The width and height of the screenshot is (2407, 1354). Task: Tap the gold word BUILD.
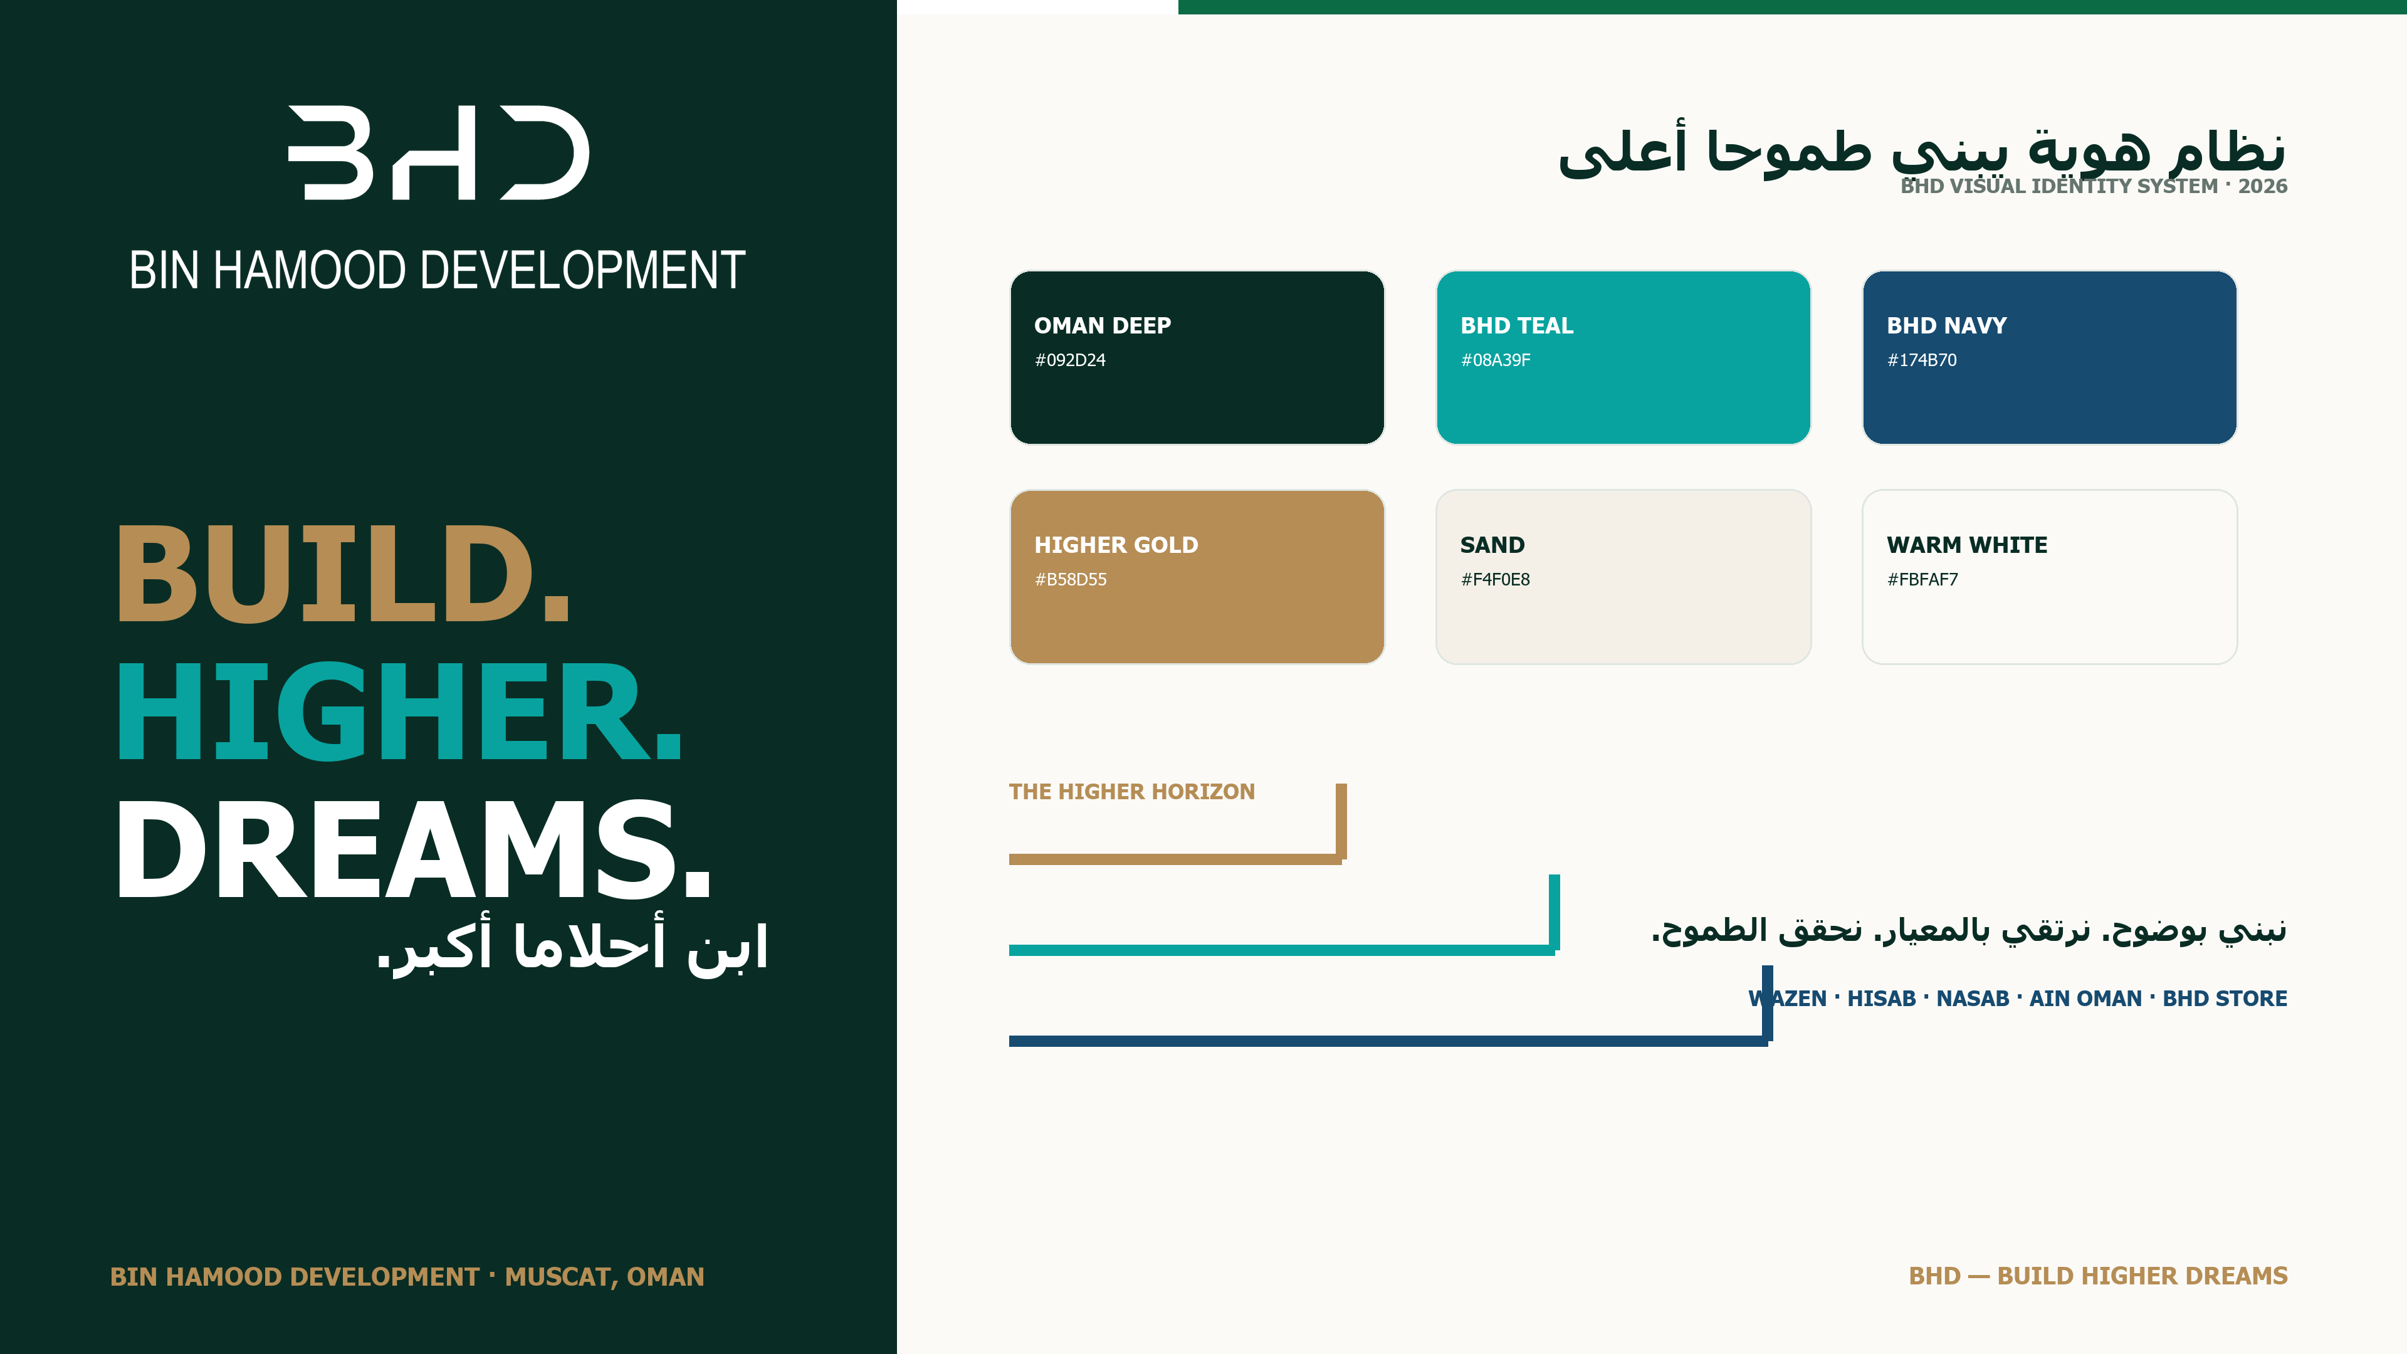(342, 573)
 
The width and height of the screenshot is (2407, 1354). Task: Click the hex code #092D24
(1070, 360)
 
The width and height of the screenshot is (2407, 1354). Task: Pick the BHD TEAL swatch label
(1516, 325)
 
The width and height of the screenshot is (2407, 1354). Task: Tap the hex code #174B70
(1921, 360)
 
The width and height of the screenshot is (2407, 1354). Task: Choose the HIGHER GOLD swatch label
(1116, 545)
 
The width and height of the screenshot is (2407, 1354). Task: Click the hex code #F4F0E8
(1495, 579)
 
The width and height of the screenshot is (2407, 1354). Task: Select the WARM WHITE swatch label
(1967, 545)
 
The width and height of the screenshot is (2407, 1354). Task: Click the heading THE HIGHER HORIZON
(1131, 792)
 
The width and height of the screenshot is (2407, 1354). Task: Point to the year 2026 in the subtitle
(2262, 186)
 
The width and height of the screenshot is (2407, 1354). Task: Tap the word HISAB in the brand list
(1881, 998)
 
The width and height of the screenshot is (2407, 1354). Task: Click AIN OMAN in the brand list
(2085, 998)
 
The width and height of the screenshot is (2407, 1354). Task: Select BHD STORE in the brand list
(2225, 998)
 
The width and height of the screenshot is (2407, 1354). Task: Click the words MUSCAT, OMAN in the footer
(604, 1276)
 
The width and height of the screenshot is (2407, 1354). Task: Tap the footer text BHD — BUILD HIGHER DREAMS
(2098, 1276)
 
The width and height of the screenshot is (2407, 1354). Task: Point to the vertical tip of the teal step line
(1554, 876)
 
